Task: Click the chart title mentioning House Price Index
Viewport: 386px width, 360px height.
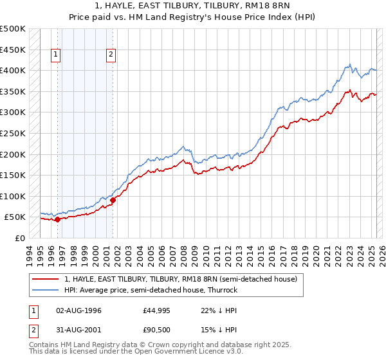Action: pyautogui.click(x=192, y=17)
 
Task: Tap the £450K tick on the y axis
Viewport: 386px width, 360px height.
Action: pyautogui.click(x=13, y=50)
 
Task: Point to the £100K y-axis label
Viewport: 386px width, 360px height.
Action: pyautogui.click(x=13, y=196)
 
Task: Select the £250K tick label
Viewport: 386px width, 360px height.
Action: pyautogui.click(x=13, y=133)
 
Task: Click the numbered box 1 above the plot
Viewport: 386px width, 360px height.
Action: pyautogui.click(x=57, y=55)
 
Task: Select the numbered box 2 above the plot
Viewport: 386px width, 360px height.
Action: pyautogui.click(x=111, y=55)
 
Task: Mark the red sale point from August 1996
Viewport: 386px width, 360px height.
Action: pyautogui.click(x=57, y=219)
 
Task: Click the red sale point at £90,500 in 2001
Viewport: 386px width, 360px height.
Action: pyautogui.click(x=113, y=200)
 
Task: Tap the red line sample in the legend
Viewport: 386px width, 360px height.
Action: pyautogui.click(x=46, y=280)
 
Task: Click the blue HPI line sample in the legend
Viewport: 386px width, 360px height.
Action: pyautogui.click(x=46, y=290)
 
